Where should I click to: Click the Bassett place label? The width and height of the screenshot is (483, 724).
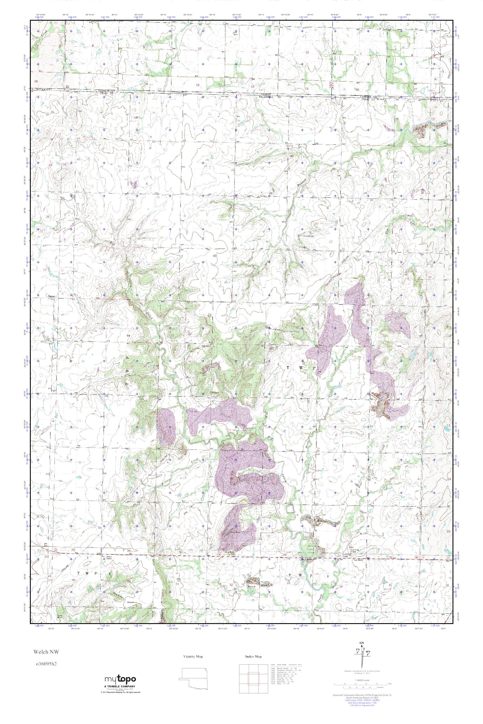coord(51,297)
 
